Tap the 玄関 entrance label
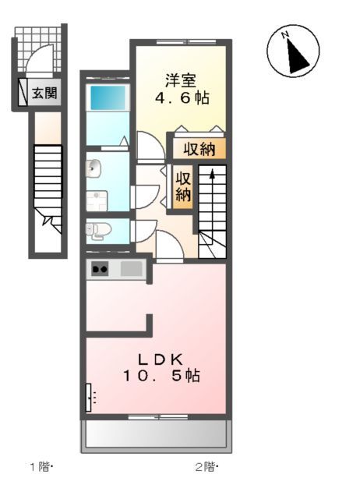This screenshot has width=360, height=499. coord(44,94)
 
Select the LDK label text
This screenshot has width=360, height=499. coord(161,359)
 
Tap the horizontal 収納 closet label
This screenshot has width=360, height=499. coord(199,149)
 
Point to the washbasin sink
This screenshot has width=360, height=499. coord(94,168)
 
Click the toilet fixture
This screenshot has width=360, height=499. coord(98,230)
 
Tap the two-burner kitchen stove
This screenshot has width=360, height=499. coord(100,270)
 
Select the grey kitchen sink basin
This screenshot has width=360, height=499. coord(131,270)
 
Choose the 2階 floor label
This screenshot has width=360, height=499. coord(205,468)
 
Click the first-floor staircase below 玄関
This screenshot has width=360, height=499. coord(48,179)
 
